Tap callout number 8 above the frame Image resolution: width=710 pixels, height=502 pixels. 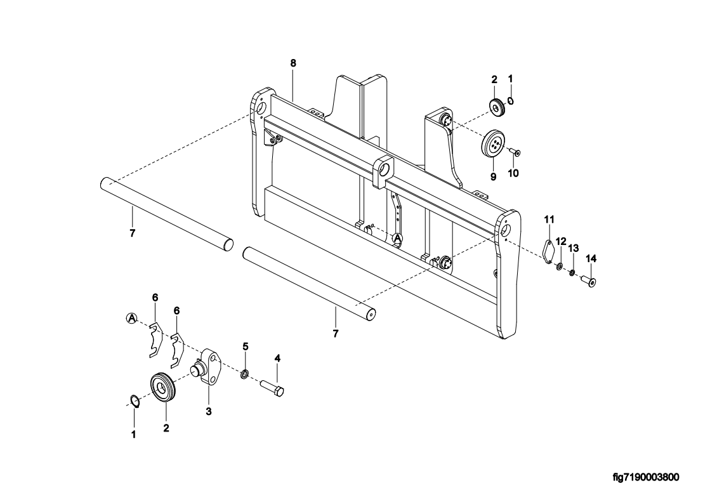pos(293,63)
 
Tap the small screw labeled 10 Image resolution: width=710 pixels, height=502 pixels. pos(515,152)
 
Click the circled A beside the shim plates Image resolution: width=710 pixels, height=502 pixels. pos(131,317)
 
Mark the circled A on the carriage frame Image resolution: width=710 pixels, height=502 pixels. pos(397,239)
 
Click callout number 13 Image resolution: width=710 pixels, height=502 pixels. pos(573,248)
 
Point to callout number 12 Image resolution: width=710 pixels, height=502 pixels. pos(561,241)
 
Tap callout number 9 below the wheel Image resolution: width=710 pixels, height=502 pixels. pos(492,176)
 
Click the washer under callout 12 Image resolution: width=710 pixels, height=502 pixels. pos(559,267)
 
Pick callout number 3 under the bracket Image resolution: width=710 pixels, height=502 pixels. pos(208,411)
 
